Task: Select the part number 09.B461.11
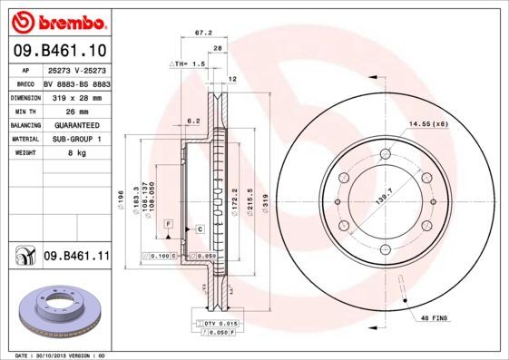click(x=76, y=257)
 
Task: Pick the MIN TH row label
click(x=24, y=111)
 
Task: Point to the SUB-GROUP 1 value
click(x=72, y=140)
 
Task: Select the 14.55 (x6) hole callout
click(x=427, y=123)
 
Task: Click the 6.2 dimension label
click(x=192, y=120)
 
